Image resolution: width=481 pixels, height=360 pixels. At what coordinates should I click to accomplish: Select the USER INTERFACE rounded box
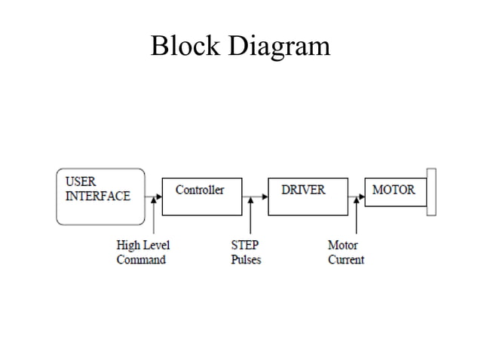[x=100, y=197]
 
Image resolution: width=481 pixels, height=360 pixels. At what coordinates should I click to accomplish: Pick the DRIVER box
[x=307, y=197]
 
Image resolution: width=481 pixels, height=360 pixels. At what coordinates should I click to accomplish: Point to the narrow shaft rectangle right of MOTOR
[x=431, y=193]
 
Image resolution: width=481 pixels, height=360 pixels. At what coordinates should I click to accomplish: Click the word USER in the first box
[x=80, y=182]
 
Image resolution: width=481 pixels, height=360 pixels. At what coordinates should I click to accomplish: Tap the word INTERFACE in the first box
[x=97, y=196]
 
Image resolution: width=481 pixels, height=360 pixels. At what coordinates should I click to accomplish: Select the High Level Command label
[x=142, y=252]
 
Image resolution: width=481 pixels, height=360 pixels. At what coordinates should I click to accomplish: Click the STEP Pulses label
[x=246, y=252]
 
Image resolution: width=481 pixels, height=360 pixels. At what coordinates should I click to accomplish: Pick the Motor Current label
[x=345, y=252]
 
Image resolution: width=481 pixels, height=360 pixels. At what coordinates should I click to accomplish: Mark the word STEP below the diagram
[x=244, y=246]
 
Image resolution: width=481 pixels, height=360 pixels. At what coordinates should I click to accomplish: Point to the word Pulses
[x=246, y=260]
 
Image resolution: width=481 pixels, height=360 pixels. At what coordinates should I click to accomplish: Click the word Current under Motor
[x=345, y=260]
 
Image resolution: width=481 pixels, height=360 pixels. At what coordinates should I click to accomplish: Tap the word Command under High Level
[x=141, y=260]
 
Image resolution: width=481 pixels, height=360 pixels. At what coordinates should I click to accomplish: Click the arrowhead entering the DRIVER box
[x=265, y=197]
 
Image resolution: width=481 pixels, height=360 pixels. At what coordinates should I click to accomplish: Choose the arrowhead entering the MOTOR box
[x=360, y=197]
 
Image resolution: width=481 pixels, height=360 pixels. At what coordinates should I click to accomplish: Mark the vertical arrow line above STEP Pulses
[x=251, y=219]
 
